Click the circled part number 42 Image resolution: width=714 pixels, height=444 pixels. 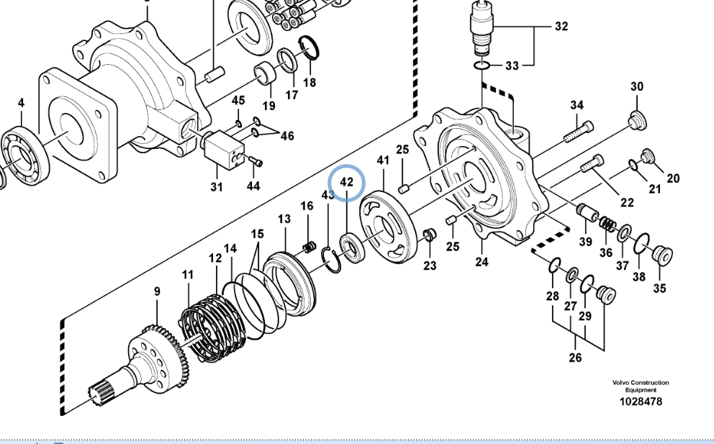347,182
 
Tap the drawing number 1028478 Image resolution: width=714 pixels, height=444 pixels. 641,402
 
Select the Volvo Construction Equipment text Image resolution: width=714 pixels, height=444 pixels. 641,386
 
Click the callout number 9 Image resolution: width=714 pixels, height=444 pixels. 157,291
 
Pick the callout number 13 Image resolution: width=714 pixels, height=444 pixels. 284,219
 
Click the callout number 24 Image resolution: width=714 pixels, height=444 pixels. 482,262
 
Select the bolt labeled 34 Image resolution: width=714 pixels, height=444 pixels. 579,132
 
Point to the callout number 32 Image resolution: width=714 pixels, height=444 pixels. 561,27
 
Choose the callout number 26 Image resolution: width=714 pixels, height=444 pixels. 575,357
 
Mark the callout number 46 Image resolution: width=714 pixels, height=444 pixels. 287,135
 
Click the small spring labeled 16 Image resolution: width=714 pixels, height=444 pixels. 310,247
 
